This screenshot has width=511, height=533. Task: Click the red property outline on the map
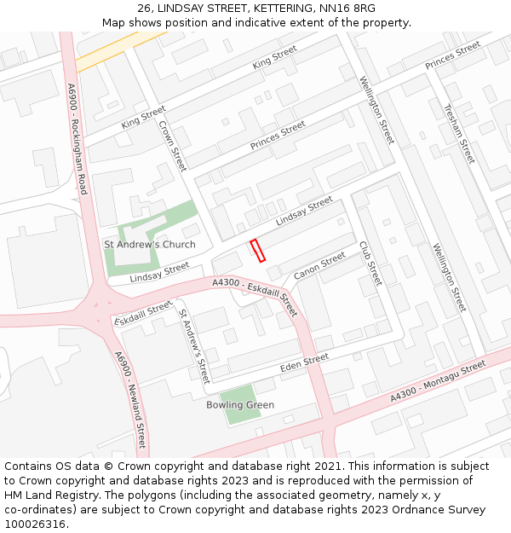257,250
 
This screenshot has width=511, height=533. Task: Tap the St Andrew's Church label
149,245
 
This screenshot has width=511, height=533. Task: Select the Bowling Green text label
240,405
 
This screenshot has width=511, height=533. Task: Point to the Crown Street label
173,146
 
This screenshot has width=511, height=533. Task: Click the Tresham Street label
459,134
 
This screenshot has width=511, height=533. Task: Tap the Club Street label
370,263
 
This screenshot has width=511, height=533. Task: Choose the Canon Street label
319,266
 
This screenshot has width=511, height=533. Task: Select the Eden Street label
304,363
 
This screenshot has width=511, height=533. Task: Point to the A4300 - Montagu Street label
438,381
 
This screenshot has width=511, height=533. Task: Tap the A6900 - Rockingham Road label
78,138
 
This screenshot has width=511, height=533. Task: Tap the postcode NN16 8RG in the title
347,9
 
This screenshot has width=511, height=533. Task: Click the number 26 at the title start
143,9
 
